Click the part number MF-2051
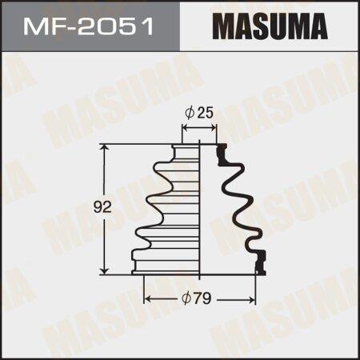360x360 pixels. point(88,26)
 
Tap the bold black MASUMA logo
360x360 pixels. point(270,26)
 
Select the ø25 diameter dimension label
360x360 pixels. point(199,114)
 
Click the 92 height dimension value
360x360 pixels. point(102,207)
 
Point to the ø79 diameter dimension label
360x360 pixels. point(197,298)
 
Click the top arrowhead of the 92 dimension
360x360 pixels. point(106,147)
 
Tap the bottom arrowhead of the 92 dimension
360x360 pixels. point(106,270)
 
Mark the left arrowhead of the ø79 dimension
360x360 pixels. point(147,300)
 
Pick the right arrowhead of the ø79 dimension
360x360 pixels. point(251,300)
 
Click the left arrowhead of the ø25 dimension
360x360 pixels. point(186,128)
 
